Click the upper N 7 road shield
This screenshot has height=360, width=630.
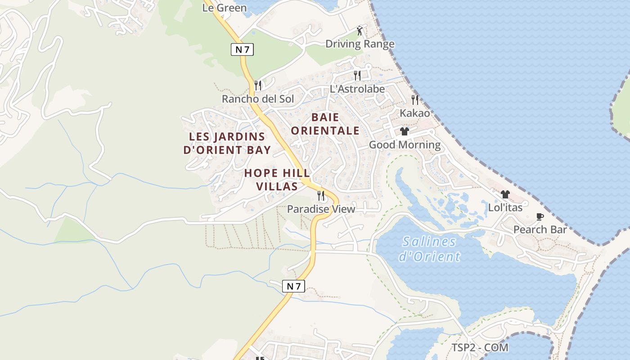point(242,49)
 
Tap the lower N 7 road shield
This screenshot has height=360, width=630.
point(293,286)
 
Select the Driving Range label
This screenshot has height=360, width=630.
point(360,44)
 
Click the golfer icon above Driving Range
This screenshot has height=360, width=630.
point(359,31)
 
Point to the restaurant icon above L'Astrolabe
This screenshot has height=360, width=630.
point(357,75)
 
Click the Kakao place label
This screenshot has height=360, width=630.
point(414,113)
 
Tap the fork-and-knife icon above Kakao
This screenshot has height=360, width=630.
point(415,99)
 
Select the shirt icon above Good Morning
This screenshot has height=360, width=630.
point(404,131)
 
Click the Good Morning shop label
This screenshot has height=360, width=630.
point(405,144)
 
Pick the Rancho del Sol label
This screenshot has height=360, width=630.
point(257,99)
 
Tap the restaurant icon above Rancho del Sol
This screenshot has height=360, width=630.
point(258,85)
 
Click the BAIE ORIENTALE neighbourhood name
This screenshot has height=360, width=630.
point(325,124)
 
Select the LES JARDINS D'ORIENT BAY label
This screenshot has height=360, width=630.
point(227,143)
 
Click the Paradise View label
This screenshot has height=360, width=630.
point(321,209)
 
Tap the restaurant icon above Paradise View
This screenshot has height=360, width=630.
point(321,195)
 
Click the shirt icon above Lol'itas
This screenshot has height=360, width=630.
point(505,194)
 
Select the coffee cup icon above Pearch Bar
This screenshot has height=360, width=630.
point(540,217)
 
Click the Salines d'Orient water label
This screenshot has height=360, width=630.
point(429,249)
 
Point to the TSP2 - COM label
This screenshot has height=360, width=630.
point(480,347)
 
